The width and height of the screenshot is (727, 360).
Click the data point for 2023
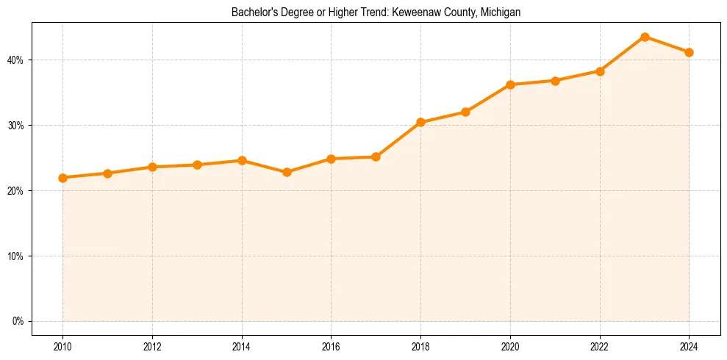[x=645, y=37]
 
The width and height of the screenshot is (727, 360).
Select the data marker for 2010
[x=62, y=178]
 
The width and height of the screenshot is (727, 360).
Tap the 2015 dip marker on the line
[x=287, y=173]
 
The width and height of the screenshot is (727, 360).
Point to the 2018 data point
[x=420, y=122]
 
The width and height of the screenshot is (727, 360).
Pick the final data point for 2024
[x=690, y=52]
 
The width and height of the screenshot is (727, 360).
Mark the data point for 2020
[x=510, y=84]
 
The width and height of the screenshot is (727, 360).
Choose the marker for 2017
[x=376, y=156]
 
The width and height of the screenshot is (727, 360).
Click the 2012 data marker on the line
[x=152, y=167]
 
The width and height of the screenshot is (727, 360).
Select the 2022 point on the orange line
[x=600, y=71]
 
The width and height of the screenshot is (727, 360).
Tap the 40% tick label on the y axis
[x=16, y=60]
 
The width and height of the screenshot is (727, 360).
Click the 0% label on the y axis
[x=18, y=321]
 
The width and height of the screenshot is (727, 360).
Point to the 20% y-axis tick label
[x=16, y=191]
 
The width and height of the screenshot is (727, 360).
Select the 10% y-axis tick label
[x=16, y=256]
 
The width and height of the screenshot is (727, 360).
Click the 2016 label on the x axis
[x=331, y=346]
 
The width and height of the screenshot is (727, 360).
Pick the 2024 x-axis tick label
[x=690, y=346]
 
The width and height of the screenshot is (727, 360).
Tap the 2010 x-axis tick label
[x=62, y=346]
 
